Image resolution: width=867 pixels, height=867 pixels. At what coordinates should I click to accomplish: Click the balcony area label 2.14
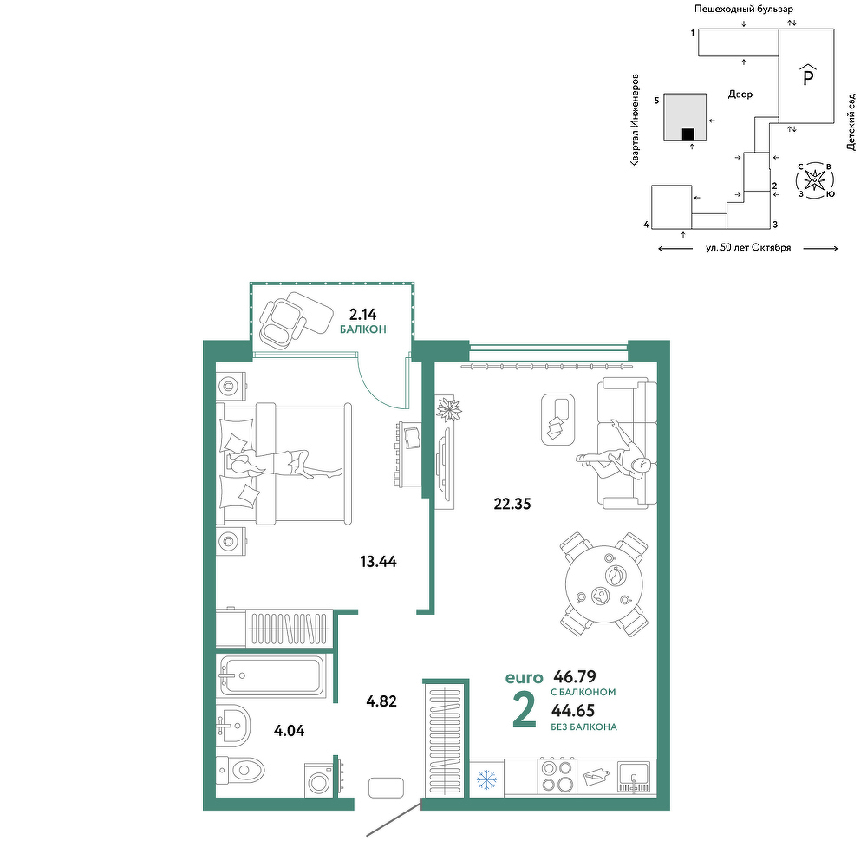[362, 315]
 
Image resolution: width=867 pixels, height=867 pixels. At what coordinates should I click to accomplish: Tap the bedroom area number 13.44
[378, 562]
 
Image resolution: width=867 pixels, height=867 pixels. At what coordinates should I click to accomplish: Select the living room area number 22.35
[512, 504]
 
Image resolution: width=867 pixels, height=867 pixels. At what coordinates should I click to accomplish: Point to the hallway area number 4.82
[381, 701]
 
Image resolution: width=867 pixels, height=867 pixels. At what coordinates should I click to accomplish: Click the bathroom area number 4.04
[290, 731]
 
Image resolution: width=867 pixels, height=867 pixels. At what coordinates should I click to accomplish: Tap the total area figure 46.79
[575, 676]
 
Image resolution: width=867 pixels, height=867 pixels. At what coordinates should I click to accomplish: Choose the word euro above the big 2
[525, 677]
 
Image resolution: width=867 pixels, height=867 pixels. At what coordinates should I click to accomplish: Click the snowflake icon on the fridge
[486, 780]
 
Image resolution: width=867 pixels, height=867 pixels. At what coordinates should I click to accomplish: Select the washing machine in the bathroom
[318, 780]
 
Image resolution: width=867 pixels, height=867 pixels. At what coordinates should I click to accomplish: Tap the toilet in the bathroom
[240, 770]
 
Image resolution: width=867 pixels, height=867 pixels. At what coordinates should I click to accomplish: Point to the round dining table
[604, 583]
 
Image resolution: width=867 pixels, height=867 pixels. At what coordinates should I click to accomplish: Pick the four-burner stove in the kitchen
[557, 776]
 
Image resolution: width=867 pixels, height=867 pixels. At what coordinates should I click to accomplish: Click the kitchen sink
[636, 777]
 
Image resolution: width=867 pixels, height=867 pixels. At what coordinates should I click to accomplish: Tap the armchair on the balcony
[282, 322]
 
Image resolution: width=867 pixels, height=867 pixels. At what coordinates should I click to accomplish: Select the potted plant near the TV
[448, 409]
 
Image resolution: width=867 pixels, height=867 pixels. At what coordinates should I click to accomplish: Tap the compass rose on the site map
[814, 179]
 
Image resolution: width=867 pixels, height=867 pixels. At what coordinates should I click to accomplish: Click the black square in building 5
[688, 135]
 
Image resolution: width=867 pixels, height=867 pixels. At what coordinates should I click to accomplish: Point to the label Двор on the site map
[740, 95]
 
